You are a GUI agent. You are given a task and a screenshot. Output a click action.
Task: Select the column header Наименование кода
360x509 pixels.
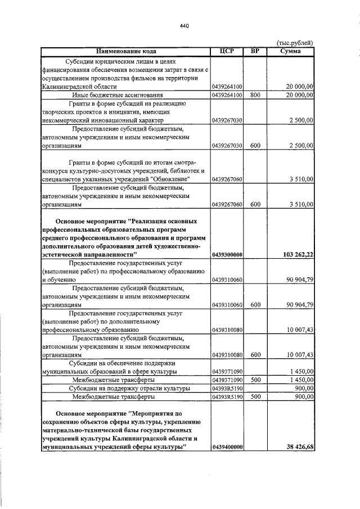coord(125,52)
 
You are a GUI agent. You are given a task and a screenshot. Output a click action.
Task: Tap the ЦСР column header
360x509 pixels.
coord(226,52)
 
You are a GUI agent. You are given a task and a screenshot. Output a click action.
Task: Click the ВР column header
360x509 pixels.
coord(254,52)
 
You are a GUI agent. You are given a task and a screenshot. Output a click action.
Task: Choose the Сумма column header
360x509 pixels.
coord(290,52)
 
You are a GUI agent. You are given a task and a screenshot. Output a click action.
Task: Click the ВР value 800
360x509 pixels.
coord(254,96)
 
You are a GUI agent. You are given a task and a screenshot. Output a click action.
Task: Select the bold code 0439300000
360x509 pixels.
coord(227,255)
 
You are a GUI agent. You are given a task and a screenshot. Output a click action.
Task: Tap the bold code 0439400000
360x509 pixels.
coord(227,447)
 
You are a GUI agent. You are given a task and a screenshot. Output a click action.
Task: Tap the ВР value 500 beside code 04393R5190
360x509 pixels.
coord(254,397)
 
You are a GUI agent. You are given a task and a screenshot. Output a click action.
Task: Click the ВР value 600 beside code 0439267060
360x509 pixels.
coord(254,204)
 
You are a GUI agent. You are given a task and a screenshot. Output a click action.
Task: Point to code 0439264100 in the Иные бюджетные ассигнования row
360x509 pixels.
coord(227,96)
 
